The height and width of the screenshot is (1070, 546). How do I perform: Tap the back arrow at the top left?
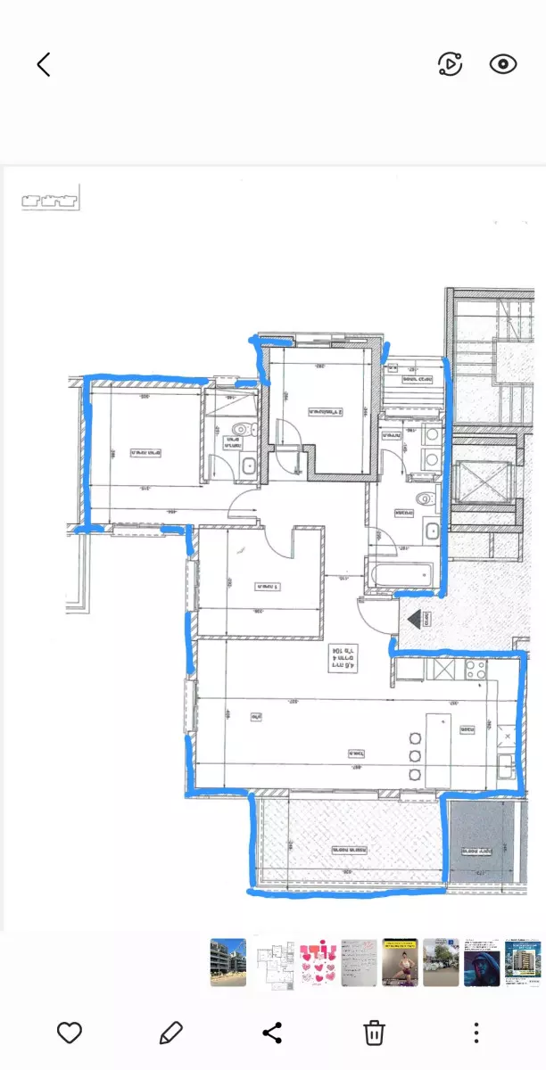point(44,64)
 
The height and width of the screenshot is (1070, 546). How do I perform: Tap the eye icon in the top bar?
point(503,64)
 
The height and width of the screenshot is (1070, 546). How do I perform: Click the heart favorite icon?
point(70,1033)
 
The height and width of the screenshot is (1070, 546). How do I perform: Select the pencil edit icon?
point(170,1033)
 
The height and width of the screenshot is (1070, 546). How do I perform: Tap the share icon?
point(272,1033)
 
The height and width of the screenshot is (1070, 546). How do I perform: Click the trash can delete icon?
point(374,1033)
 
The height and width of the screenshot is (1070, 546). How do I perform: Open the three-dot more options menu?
point(476,1033)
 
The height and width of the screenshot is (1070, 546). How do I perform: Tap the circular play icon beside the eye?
point(451,64)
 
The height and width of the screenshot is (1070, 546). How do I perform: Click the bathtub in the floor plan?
point(400,575)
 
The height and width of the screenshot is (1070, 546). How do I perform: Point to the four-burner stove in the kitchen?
point(470,669)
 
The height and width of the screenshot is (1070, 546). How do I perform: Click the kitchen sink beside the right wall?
point(506,765)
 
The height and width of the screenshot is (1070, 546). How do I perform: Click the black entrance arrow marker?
point(416,618)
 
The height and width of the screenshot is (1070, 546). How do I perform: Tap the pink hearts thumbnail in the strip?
point(316,962)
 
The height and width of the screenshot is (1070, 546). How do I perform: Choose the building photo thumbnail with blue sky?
point(228,962)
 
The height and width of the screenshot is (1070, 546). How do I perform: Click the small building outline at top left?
point(50,198)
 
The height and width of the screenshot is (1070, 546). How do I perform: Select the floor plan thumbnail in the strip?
point(272,962)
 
